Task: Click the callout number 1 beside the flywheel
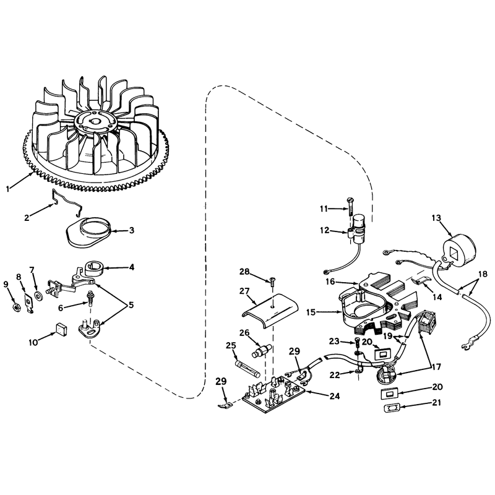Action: [x=8, y=189]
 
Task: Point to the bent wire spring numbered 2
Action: [x=67, y=202]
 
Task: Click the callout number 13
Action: [x=436, y=218]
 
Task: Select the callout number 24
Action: [x=334, y=395]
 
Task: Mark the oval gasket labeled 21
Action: [x=392, y=408]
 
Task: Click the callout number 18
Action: [x=483, y=274]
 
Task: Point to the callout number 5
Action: [x=131, y=305]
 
